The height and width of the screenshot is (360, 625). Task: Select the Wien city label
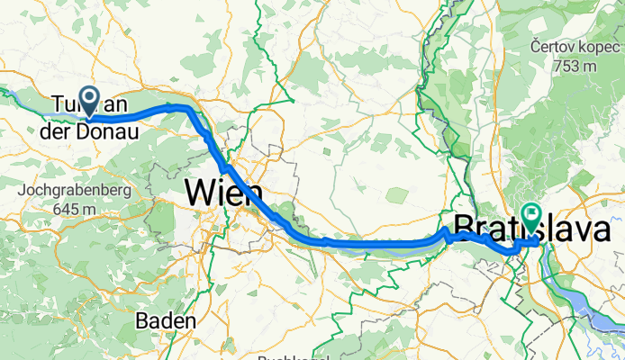click(223, 193)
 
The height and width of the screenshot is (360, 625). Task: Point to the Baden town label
click(167, 320)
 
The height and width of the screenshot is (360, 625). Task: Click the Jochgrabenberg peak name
click(75, 191)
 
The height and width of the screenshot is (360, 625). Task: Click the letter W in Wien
click(201, 193)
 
